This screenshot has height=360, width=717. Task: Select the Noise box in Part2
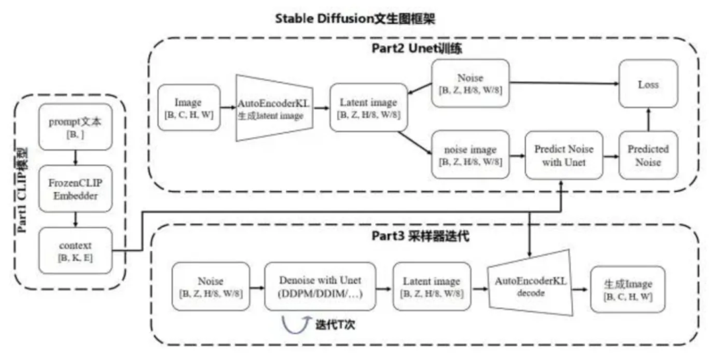coord(470,82)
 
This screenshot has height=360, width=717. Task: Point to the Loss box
coord(649,84)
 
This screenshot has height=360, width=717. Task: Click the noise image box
coord(470,155)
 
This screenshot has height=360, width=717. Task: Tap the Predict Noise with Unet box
coord(564,155)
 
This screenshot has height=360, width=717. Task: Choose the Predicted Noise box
coord(649,155)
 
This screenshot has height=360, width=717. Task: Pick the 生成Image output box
coord(628,286)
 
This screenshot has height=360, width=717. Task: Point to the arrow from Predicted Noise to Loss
coord(649,118)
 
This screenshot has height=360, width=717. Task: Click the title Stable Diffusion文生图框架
coord(358,17)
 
